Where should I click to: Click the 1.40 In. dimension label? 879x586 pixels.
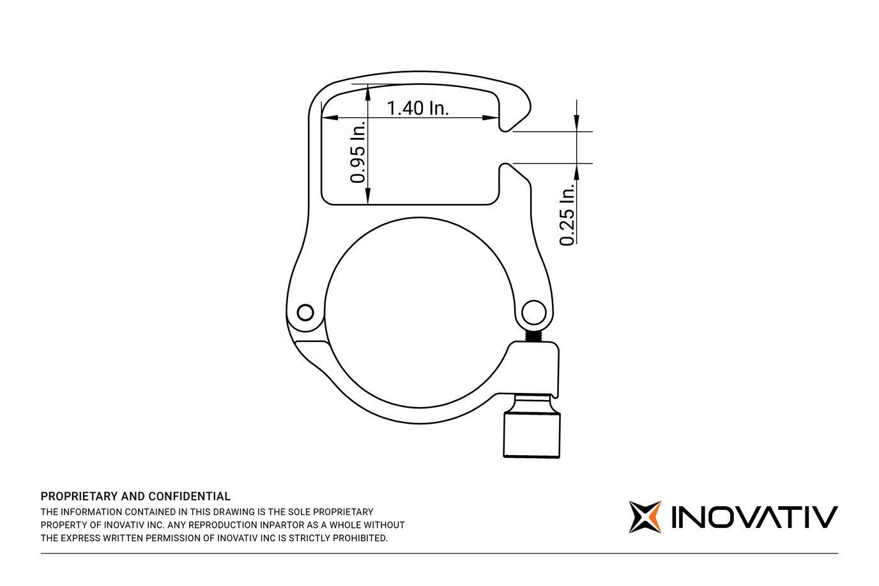pos(418,108)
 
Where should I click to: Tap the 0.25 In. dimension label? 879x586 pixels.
pos(567,214)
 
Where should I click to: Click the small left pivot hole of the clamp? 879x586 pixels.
pos(306,312)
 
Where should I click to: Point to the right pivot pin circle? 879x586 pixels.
pos(534,313)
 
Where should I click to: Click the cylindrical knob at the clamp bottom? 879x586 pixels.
pos(531,434)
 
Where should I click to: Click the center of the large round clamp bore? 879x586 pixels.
pos(420,312)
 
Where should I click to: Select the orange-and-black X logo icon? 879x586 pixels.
pos(645,517)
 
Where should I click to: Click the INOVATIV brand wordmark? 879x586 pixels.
pos(754,517)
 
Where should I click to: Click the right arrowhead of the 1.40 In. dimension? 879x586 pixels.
pos(492,118)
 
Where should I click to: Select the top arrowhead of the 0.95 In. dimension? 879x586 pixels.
pos(368,93)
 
